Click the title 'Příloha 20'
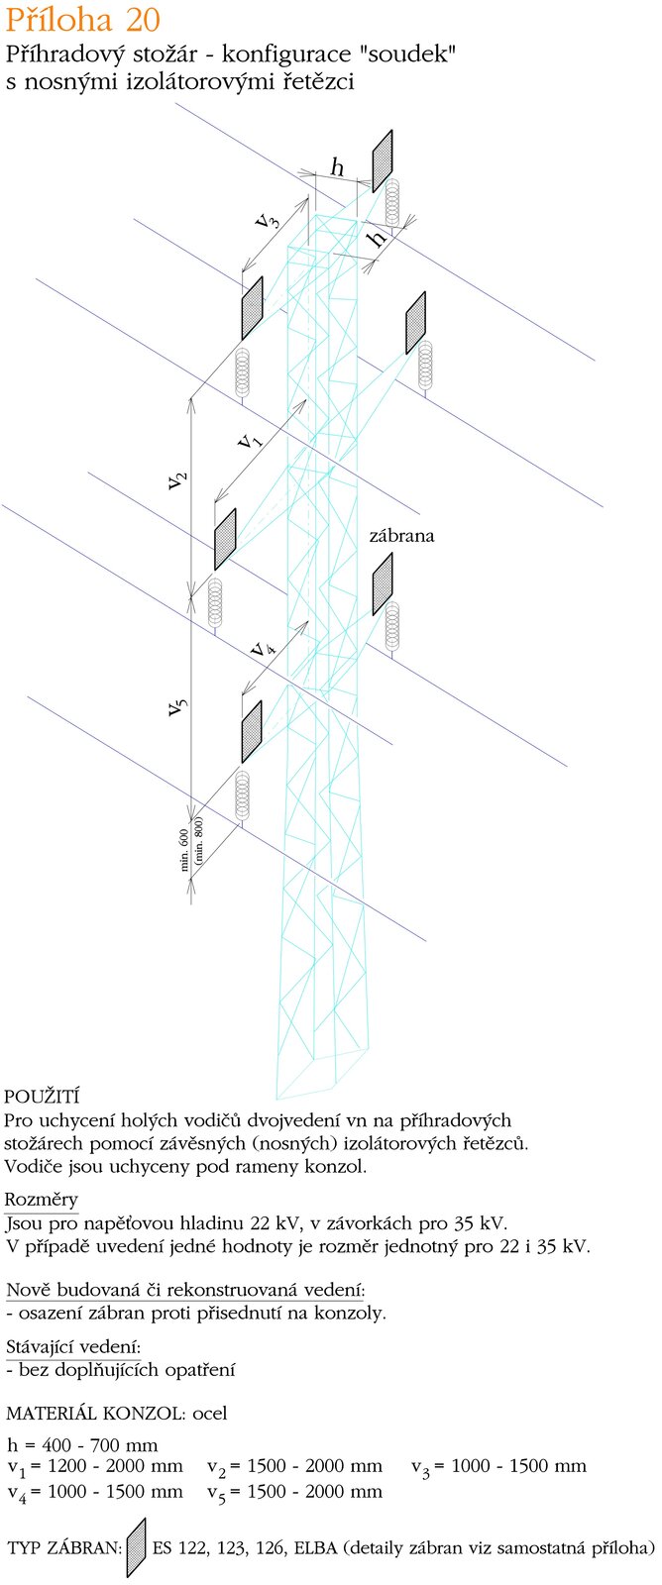coord(82,20)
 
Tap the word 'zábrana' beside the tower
coord(401,536)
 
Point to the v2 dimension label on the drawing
coord(176,479)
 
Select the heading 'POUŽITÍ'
coord(42,1097)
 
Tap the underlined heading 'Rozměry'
coord(42,1201)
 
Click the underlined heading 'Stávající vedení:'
coord(72,1347)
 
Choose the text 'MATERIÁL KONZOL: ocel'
coord(117,1414)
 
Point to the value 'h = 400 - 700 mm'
coord(82,1444)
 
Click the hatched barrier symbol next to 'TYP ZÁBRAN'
coord(136,1547)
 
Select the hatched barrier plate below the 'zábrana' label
coord(383,584)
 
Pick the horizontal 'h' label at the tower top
coord(337,168)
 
